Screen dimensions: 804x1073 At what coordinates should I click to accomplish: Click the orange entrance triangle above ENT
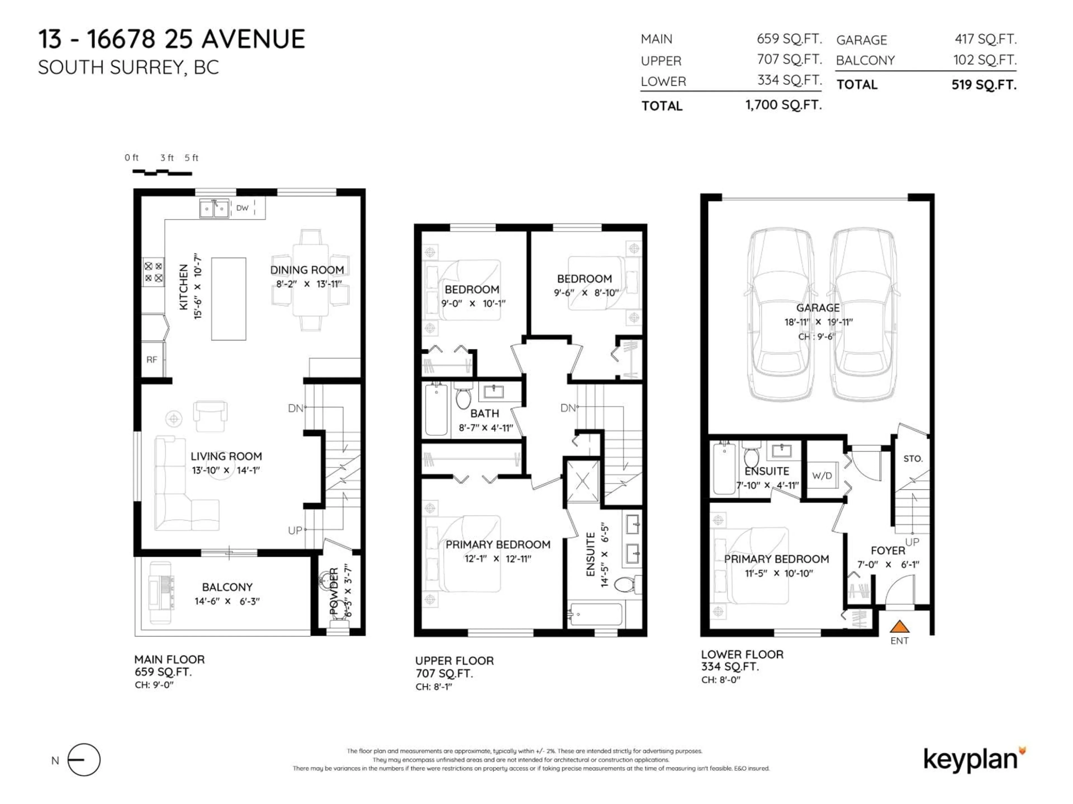[x=899, y=627]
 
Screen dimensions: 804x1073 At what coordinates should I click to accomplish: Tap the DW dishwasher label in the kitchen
[x=242, y=208]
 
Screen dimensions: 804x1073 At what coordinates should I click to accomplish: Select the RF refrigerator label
[x=152, y=360]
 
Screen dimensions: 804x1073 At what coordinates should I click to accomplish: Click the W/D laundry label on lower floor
[x=822, y=475]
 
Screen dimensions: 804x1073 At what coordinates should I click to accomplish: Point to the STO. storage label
[x=913, y=458]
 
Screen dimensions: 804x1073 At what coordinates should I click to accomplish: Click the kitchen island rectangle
[x=229, y=298]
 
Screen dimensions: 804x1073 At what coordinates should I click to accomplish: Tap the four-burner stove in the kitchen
[x=153, y=272]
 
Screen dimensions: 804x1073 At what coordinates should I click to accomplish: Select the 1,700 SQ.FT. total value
[x=784, y=105]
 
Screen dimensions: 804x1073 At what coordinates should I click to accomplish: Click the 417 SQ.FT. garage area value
[x=985, y=39]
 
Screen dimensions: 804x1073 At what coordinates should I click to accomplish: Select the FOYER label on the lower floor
[x=888, y=551]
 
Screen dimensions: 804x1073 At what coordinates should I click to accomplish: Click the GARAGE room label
[x=818, y=308]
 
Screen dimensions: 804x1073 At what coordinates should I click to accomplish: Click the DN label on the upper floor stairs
[x=568, y=408]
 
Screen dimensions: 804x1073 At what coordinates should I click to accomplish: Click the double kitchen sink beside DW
[x=214, y=208]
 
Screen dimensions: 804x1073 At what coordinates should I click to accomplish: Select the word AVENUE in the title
[x=253, y=39]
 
